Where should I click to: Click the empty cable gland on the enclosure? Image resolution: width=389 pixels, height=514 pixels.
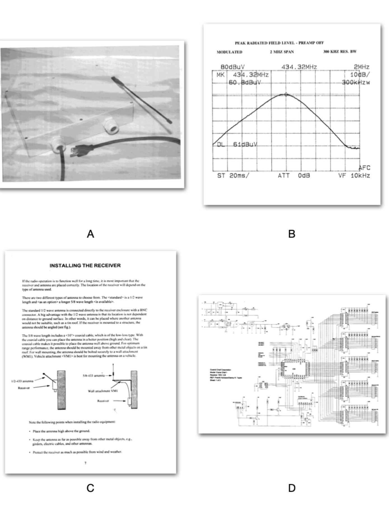tap(110, 126)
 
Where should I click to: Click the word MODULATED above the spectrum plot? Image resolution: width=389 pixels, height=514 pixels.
tap(229, 52)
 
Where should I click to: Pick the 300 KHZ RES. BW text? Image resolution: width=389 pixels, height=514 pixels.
tap(340, 52)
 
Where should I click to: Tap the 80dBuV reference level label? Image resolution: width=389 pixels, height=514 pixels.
tap(232, 67)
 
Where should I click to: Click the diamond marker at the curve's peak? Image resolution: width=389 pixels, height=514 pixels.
tap(286, 94)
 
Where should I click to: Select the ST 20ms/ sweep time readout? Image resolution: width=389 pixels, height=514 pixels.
tap(232, 176)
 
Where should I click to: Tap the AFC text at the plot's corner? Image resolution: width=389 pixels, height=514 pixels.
tap(364, 168)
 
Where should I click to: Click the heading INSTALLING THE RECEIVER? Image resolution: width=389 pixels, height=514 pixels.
tap(85, 265)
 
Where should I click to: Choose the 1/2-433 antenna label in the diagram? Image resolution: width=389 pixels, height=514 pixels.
tap(22, 381)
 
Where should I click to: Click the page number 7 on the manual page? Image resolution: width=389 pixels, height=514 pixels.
tap(85, 463)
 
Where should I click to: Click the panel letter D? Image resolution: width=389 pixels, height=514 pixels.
tap(292, 488)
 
